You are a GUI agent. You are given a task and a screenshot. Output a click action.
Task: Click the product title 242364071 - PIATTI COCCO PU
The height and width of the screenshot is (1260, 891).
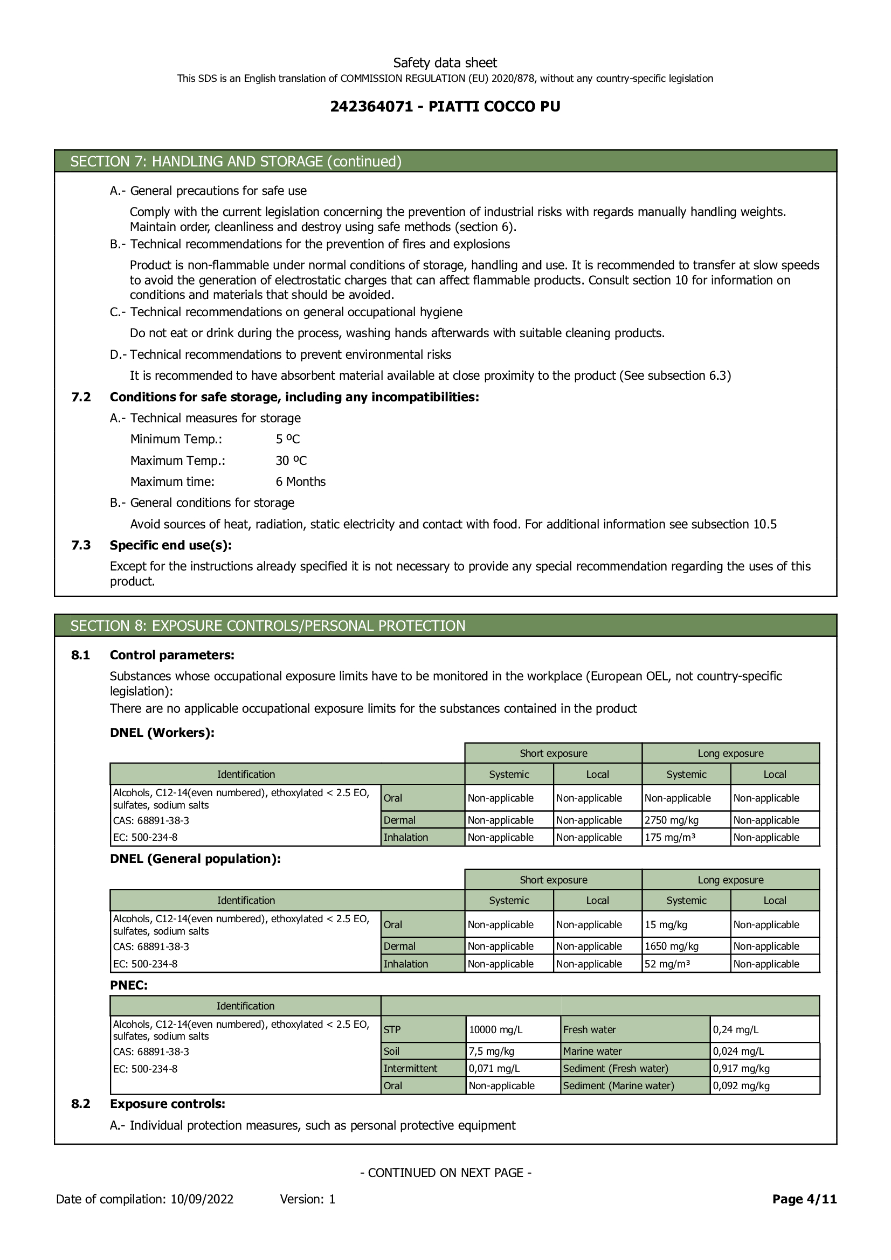pos(445,107)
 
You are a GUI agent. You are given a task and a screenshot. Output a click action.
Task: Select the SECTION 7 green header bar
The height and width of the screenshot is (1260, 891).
pos(445,162)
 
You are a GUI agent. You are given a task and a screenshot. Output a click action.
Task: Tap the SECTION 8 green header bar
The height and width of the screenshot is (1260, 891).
pos(445,625)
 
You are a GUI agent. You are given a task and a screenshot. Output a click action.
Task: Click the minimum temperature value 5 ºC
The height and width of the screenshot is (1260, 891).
pos(288,439)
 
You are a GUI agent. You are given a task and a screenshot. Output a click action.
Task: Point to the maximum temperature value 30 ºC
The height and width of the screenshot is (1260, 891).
pos(291,461)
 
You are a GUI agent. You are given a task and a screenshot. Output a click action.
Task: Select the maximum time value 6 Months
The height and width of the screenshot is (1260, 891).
pos(300,482)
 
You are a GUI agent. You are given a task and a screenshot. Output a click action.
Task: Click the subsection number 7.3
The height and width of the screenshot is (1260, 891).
pos(81,545)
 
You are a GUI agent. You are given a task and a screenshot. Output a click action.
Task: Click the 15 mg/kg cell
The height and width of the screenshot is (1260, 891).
pos(666,925)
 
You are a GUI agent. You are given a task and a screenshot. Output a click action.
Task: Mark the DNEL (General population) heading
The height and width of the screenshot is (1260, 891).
pos(196,859)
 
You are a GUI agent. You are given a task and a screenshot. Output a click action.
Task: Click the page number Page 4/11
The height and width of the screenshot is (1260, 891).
pos(804,1199)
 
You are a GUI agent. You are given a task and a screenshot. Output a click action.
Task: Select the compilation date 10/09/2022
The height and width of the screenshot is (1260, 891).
pos(202,1199)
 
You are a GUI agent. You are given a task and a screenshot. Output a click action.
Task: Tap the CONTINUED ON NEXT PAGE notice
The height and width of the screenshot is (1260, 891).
pos(445,1173)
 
